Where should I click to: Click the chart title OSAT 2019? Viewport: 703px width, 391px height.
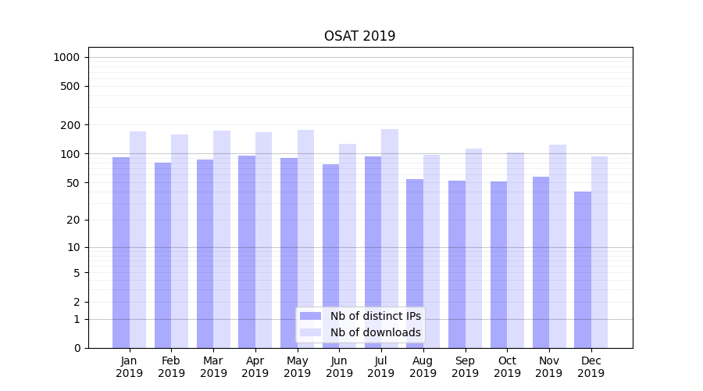tap(359, 36)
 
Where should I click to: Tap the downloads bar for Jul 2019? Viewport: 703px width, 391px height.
tap(389, 239)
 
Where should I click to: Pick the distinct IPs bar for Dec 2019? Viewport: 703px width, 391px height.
tap(583, 269)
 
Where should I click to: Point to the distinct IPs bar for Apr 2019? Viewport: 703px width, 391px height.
tap(247, 251)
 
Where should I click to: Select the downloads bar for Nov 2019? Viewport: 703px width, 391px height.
tap(557, 246)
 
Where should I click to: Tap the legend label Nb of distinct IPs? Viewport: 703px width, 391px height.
tap(375, 316)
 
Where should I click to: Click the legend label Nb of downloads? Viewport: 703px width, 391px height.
tap(375, 332)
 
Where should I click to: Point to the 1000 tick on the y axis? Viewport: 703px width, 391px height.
tap(66, 57)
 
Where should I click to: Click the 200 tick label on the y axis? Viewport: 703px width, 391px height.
tap(70, 125)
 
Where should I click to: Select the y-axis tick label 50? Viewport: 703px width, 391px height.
tap(73, 183)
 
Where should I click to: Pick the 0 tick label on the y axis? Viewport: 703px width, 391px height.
tap(77, 348)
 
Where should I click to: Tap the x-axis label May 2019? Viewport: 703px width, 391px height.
tap(297, 367)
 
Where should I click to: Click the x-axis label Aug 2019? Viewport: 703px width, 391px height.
tap(423, 367)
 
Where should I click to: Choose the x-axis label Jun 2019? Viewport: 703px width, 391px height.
tap(339, 367)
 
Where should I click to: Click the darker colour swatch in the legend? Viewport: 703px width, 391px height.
tap(310, 316)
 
